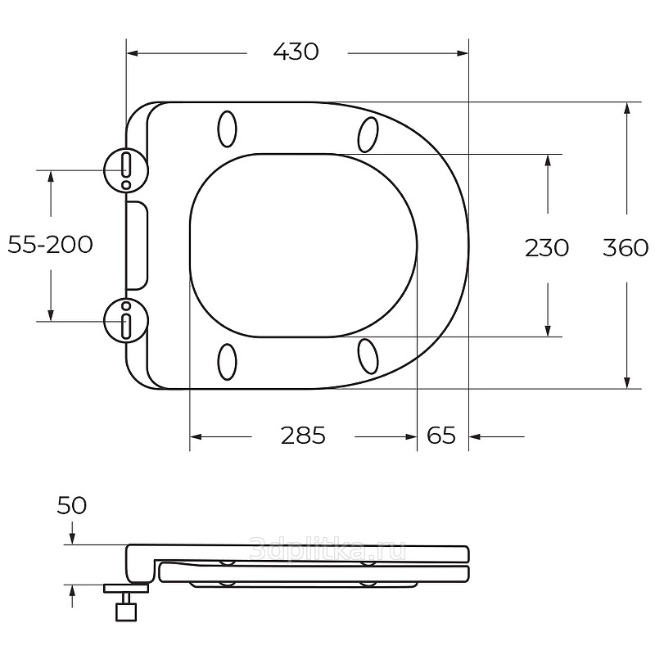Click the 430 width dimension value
(296, 52)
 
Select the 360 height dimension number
(626, 248)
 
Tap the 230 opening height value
(547, 248)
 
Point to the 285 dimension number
(303, 436)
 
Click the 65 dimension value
(441, 436)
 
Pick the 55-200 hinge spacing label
(50, 244)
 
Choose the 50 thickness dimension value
(72, 505)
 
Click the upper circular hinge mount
(126, 170)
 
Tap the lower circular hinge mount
(126, 321)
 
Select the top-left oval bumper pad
(228, 129)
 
